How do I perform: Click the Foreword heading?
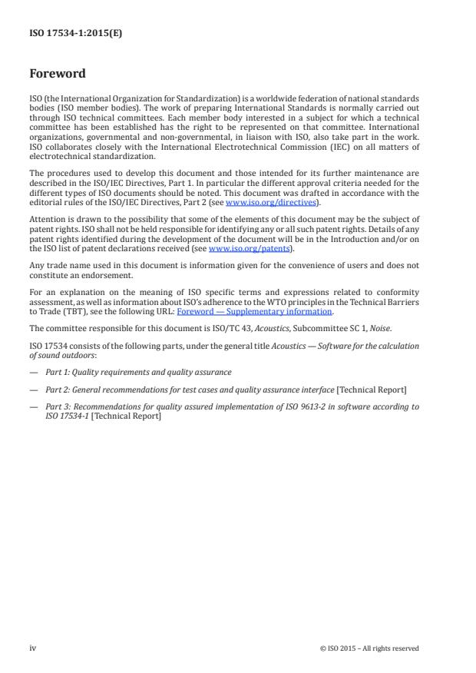click(58, 75)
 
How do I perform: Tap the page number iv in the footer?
click(33, 648)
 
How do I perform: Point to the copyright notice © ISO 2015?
click(369, 648)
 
